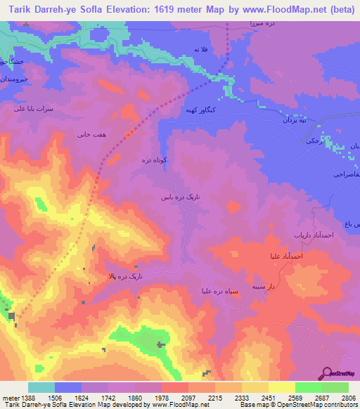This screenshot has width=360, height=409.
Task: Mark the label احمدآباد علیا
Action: click(x=284, y=257)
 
